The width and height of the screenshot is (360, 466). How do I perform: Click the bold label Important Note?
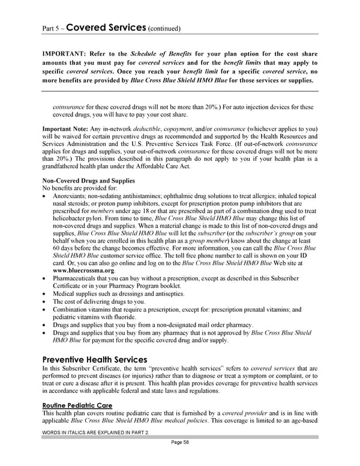(66, 129)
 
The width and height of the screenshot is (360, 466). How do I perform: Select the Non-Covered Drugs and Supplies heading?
(88, 180)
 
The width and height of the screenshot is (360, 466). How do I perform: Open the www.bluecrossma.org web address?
(82, 270)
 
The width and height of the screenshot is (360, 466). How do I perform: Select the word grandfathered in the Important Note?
(64, 166)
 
